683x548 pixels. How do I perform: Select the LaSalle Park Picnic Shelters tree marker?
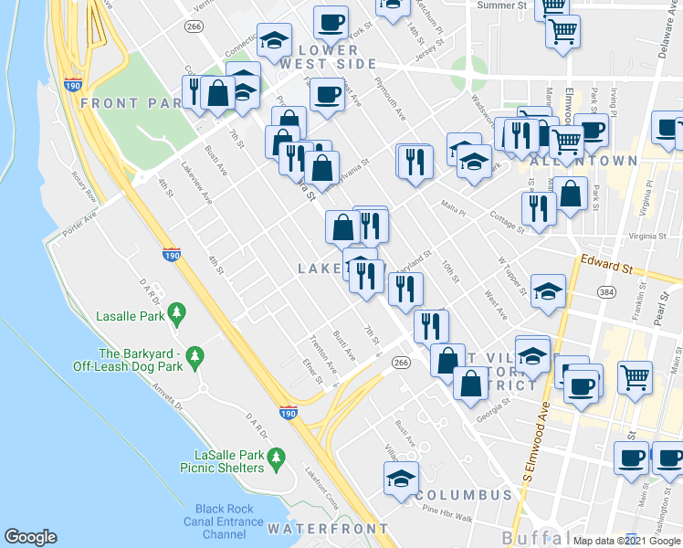(280, 456)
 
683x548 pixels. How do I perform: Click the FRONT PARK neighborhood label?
(131, 103)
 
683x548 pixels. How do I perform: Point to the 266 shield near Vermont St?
(193, 27)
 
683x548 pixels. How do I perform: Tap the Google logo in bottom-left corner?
(30, 537)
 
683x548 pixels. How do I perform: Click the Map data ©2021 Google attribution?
(626, 540)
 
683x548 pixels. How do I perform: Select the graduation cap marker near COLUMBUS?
(400, 478)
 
